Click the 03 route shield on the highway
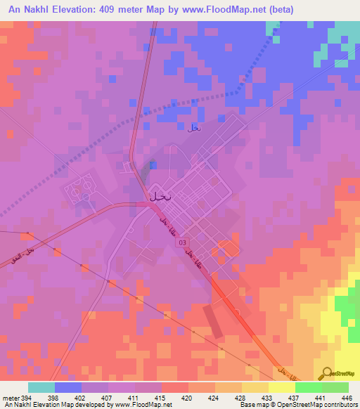(x=182, y=241)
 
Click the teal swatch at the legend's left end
(x=41, y=387)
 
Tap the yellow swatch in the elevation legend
(x=281, y=387)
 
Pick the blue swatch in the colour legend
(x=68, y=387)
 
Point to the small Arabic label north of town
(x=194, y=128)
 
